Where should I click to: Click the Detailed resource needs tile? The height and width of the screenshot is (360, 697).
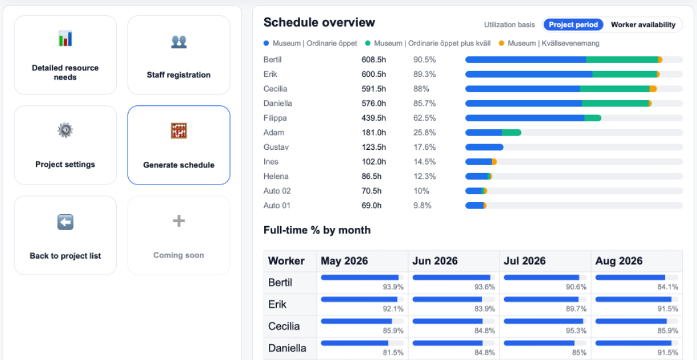(x=65, y=55)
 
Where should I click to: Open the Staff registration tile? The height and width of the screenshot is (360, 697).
(x=179, y=55)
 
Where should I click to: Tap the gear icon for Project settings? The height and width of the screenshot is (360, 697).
(x=65, y=130)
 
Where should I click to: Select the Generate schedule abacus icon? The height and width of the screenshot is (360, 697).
(x=179, y=131)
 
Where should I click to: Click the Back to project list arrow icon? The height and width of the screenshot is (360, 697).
(x=65, y=222)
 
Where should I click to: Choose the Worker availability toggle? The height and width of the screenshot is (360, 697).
(x=643, y=25)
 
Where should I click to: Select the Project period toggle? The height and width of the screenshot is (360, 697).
(x=573, y=25)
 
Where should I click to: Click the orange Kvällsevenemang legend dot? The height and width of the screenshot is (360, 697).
(x=502, y=43)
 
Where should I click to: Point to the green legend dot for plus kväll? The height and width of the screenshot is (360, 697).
(x=368, y=43)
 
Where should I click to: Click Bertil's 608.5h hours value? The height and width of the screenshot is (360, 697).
(x=374, y=60)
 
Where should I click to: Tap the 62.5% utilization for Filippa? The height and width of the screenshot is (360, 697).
(x=424, y=118)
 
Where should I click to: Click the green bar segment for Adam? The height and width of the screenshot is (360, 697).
(x=511, y=133)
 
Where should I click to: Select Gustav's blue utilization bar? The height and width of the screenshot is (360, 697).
(x=484, y=148)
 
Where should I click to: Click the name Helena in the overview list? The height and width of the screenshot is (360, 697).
(x=276, y=177)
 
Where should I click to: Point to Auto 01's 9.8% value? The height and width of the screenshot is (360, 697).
(x=422, y=206)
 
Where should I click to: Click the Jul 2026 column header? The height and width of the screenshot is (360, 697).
(x=524, y=261)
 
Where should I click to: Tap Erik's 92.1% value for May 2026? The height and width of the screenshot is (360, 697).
(x=393, y=309)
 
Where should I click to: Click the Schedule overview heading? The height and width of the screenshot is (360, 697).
(x=319, y=23)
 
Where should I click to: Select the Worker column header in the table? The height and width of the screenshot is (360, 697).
(x=286, y=261)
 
